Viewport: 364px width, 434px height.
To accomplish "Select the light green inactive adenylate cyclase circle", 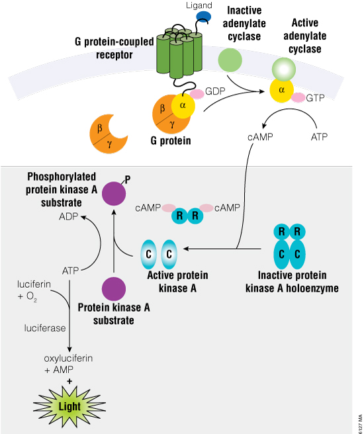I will click(x=230, y=60).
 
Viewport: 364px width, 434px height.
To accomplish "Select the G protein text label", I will click(x=170, y=140).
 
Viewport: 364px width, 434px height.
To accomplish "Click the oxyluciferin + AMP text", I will click(x=68, y=364).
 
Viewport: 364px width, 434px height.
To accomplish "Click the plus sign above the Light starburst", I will click(x=69, y=382).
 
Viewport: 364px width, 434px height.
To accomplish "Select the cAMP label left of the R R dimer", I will click(x=148, y=208).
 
